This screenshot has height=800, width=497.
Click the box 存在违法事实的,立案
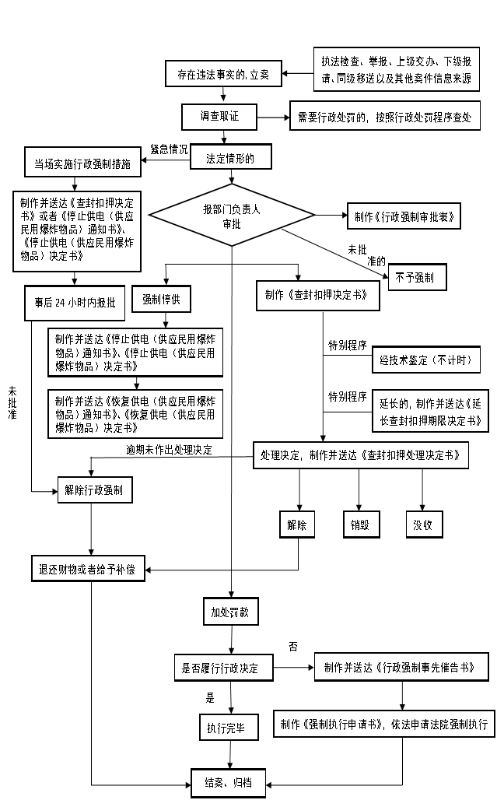pyautogui.click(x=222, y=75)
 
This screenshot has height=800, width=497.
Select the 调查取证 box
pyautogui.click(x=219, y=117)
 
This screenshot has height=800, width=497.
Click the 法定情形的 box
pyautogui.click(x=230, y=158)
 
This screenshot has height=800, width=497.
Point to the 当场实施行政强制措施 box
pyautogui.click(x=82, y=164)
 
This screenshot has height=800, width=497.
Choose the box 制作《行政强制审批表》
pyautogui.click(x=404, y=216)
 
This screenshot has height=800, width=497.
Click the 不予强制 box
pyautogui.click(x=418, y=277)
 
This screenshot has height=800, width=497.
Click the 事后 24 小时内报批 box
pyautogui.click(x=75, y=303)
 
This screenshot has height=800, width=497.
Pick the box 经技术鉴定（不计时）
pyautogui.click(x=425, y=360)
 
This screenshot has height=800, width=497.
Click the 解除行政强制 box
pyautogui.click(x=95, y=491)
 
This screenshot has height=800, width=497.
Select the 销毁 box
pyautogui.click(x=359, y=525)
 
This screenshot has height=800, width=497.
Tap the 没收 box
pyautogui.click(x=422, y=525)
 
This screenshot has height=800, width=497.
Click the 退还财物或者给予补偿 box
pyautogui.click(x=87, y=569)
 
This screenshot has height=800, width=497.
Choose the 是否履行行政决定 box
pyautogui.click(x=222, y=668)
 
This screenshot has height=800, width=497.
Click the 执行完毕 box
pyautogui.click(x=226, y=728)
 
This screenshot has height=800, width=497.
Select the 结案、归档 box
pyautogui.click(x=229, y=781)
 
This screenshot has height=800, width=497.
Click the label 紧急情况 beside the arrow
pyautogui.click(x=169, y=149)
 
